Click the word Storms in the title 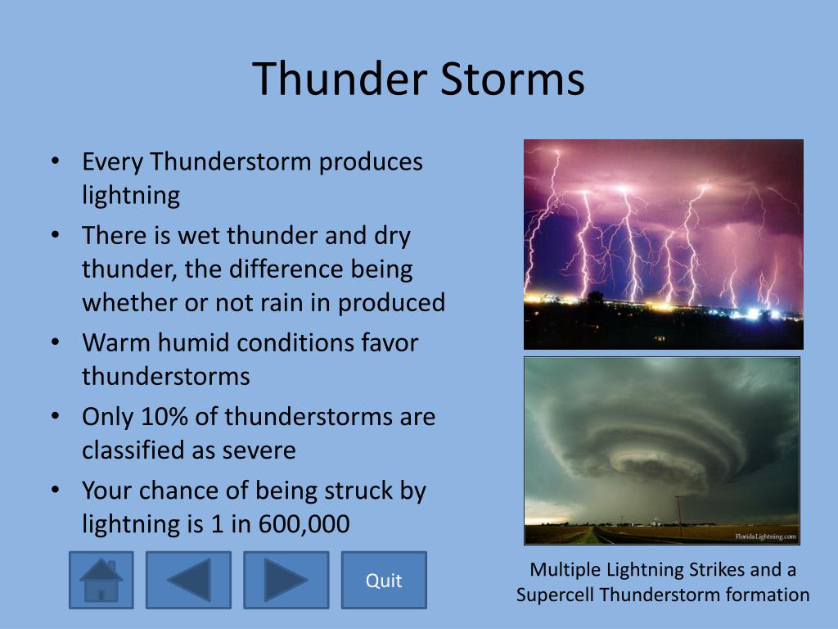point(512,79)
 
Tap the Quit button point(384,581)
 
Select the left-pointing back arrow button point(189,581)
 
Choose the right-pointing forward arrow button point(286,581)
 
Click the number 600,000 point(304,524)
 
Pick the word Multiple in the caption point(565,570)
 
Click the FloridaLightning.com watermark point(765,536)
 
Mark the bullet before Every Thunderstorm point(55,161)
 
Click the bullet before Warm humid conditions point(55,342)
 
